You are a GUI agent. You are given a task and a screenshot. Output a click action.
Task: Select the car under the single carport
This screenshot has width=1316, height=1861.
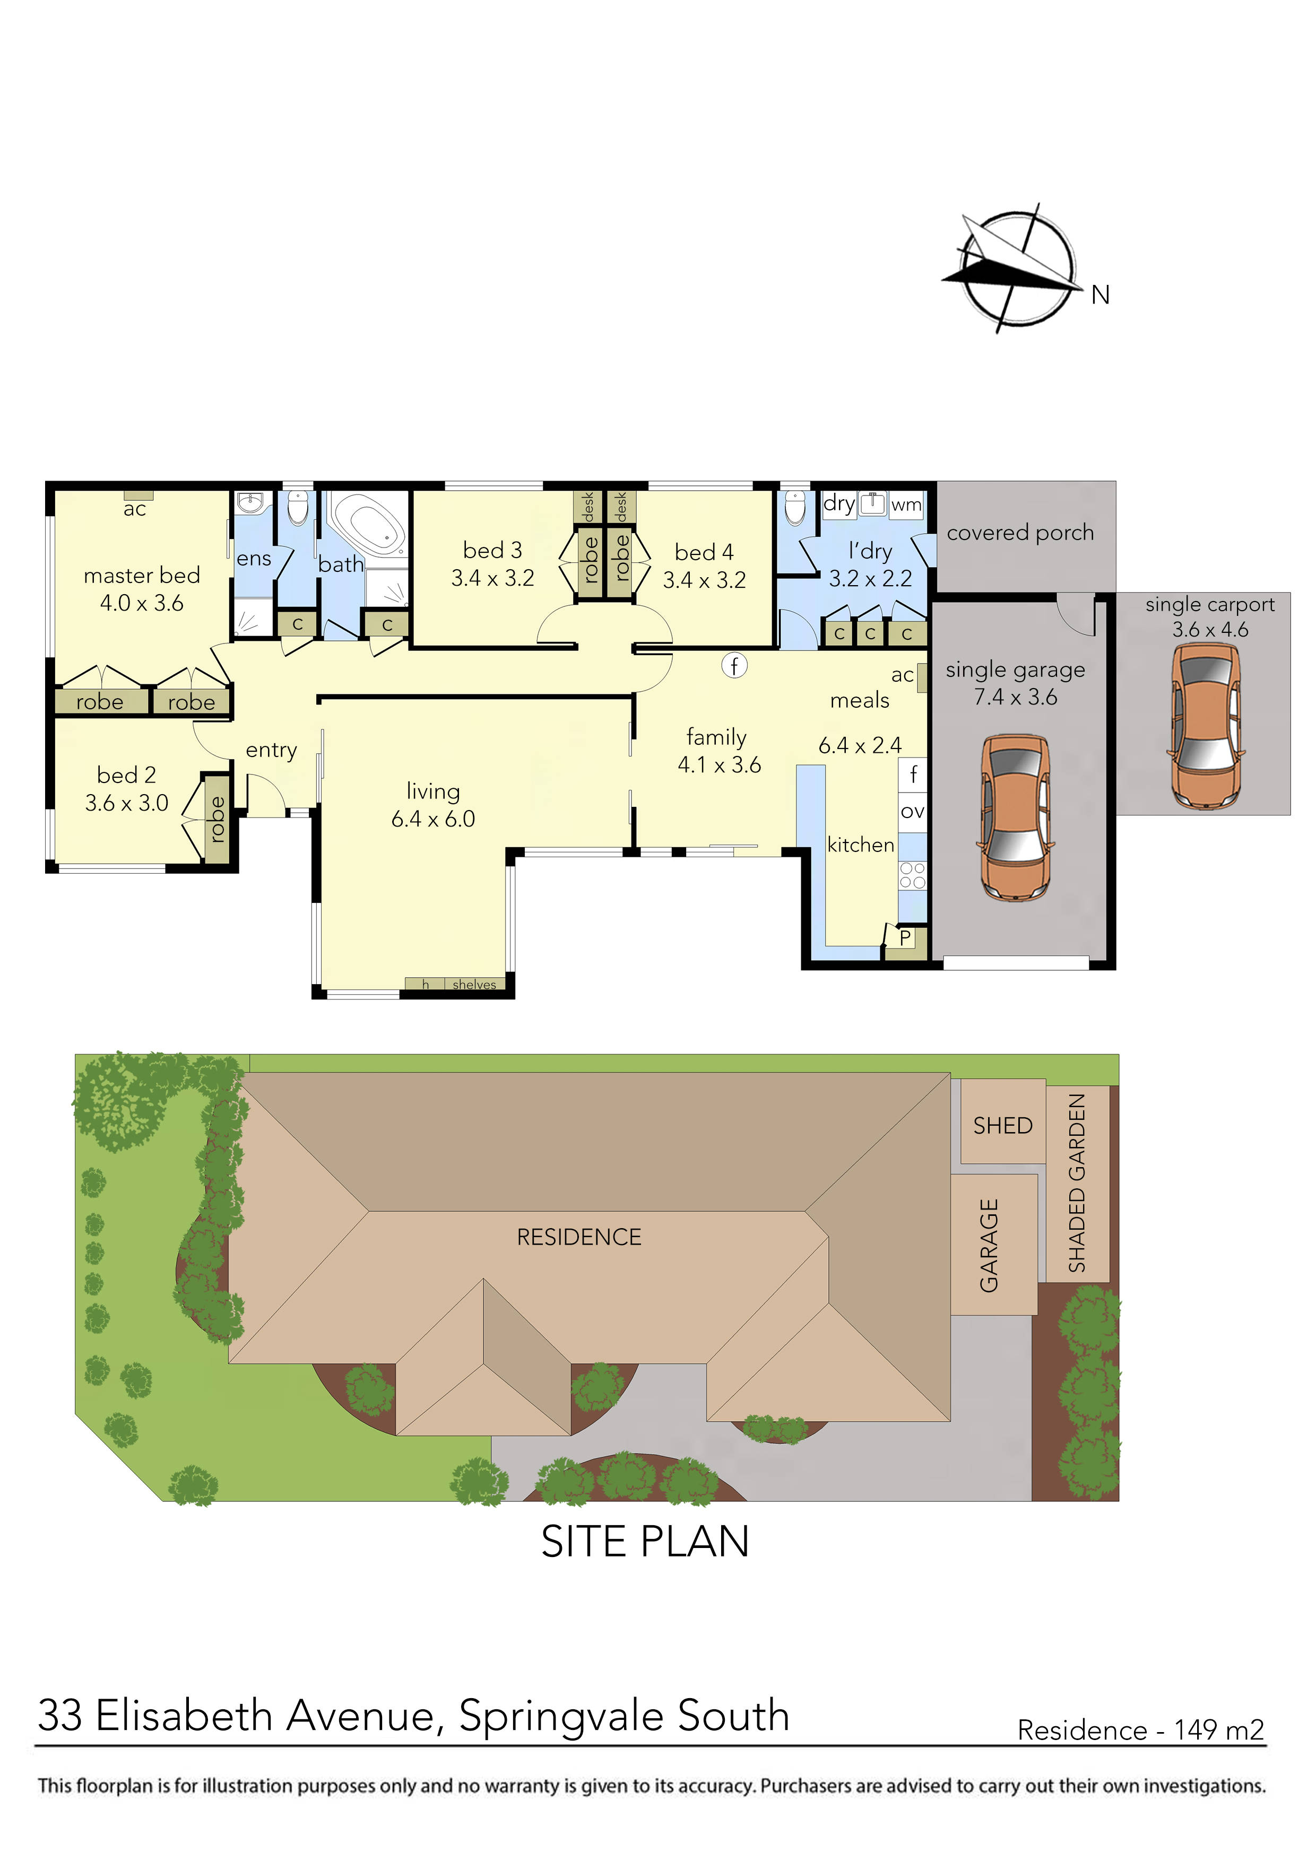click(x=1206, y=726)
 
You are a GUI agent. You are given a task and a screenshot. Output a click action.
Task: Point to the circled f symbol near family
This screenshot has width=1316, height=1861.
click(x=734, y=665)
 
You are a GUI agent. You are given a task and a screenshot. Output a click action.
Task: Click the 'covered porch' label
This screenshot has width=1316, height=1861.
click(x=1020, y=533)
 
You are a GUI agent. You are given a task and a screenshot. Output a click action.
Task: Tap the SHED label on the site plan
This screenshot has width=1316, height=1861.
click(x=1002, y=1126)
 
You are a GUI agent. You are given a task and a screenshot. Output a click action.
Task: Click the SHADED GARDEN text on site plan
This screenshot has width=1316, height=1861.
click(x=1076, y=1184)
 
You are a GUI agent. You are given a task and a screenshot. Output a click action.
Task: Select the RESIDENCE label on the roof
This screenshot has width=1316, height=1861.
click(x=579, y=1237)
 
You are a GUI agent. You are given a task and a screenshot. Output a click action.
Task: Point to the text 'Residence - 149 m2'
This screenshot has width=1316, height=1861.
click(x=1140, y=1730)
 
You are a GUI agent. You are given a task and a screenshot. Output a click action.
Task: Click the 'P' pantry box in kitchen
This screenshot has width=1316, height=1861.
click(x=905, y=938)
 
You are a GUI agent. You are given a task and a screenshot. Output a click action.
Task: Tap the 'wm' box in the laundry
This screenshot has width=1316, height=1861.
click(x=906, y=505)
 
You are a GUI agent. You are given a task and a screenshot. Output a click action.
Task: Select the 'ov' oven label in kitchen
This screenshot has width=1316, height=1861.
click(x=912, y=811)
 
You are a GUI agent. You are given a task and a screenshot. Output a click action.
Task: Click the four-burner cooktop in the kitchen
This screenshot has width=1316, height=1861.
click(x=912, y=875)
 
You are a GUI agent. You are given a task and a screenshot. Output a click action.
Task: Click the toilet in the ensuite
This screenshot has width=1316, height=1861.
click(x=299, y=508)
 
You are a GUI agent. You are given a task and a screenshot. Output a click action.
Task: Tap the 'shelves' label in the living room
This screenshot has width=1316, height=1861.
click(x=474, y=985)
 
